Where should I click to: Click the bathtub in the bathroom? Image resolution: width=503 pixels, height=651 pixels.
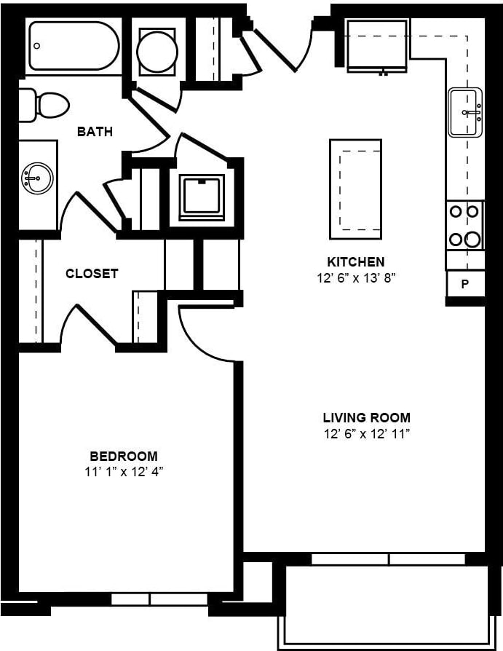coord(73,45)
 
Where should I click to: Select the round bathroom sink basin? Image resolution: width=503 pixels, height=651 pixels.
coord(36,178)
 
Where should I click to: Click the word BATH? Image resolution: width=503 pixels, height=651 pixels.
coord(95,132)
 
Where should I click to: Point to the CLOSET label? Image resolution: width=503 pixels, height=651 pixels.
coord(92,274)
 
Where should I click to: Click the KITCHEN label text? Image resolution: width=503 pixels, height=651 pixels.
coord(355,261)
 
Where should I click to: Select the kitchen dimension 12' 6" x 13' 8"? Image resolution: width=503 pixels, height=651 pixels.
coord(355,277)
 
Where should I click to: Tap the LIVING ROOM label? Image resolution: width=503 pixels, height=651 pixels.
coord(366,418)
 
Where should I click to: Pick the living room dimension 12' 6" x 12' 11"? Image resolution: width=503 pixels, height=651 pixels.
coord(366,434)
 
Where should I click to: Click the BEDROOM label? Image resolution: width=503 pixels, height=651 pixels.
coord(123,456)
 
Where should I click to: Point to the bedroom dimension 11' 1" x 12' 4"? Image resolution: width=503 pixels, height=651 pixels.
coord(123,471)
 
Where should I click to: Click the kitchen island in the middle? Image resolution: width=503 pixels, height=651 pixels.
coord(355,189)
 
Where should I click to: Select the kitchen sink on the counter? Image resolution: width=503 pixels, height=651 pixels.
coord(465,112)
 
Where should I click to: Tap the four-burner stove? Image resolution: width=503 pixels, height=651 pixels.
coord(464,225)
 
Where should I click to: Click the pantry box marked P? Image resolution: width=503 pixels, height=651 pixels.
coord(465,283)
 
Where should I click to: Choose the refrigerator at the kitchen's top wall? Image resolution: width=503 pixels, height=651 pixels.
coord(376,46)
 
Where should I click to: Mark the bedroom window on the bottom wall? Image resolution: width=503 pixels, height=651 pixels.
coord(149,599)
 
